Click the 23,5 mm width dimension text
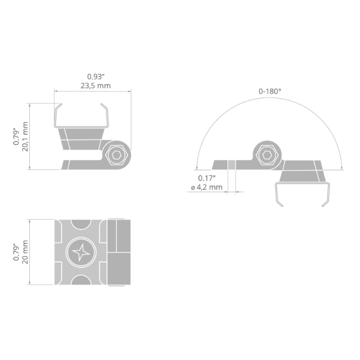point(96,86)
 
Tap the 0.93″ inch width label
point(96,77)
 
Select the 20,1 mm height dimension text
point(25,137)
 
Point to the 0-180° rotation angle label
point(270,92)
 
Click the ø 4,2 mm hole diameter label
point(207,187)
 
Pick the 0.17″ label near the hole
point(207,178)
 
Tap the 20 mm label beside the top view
point(25,252)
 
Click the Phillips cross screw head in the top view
point(81,252)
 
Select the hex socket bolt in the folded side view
point(117,155)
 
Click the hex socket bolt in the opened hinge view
point(267,155)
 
